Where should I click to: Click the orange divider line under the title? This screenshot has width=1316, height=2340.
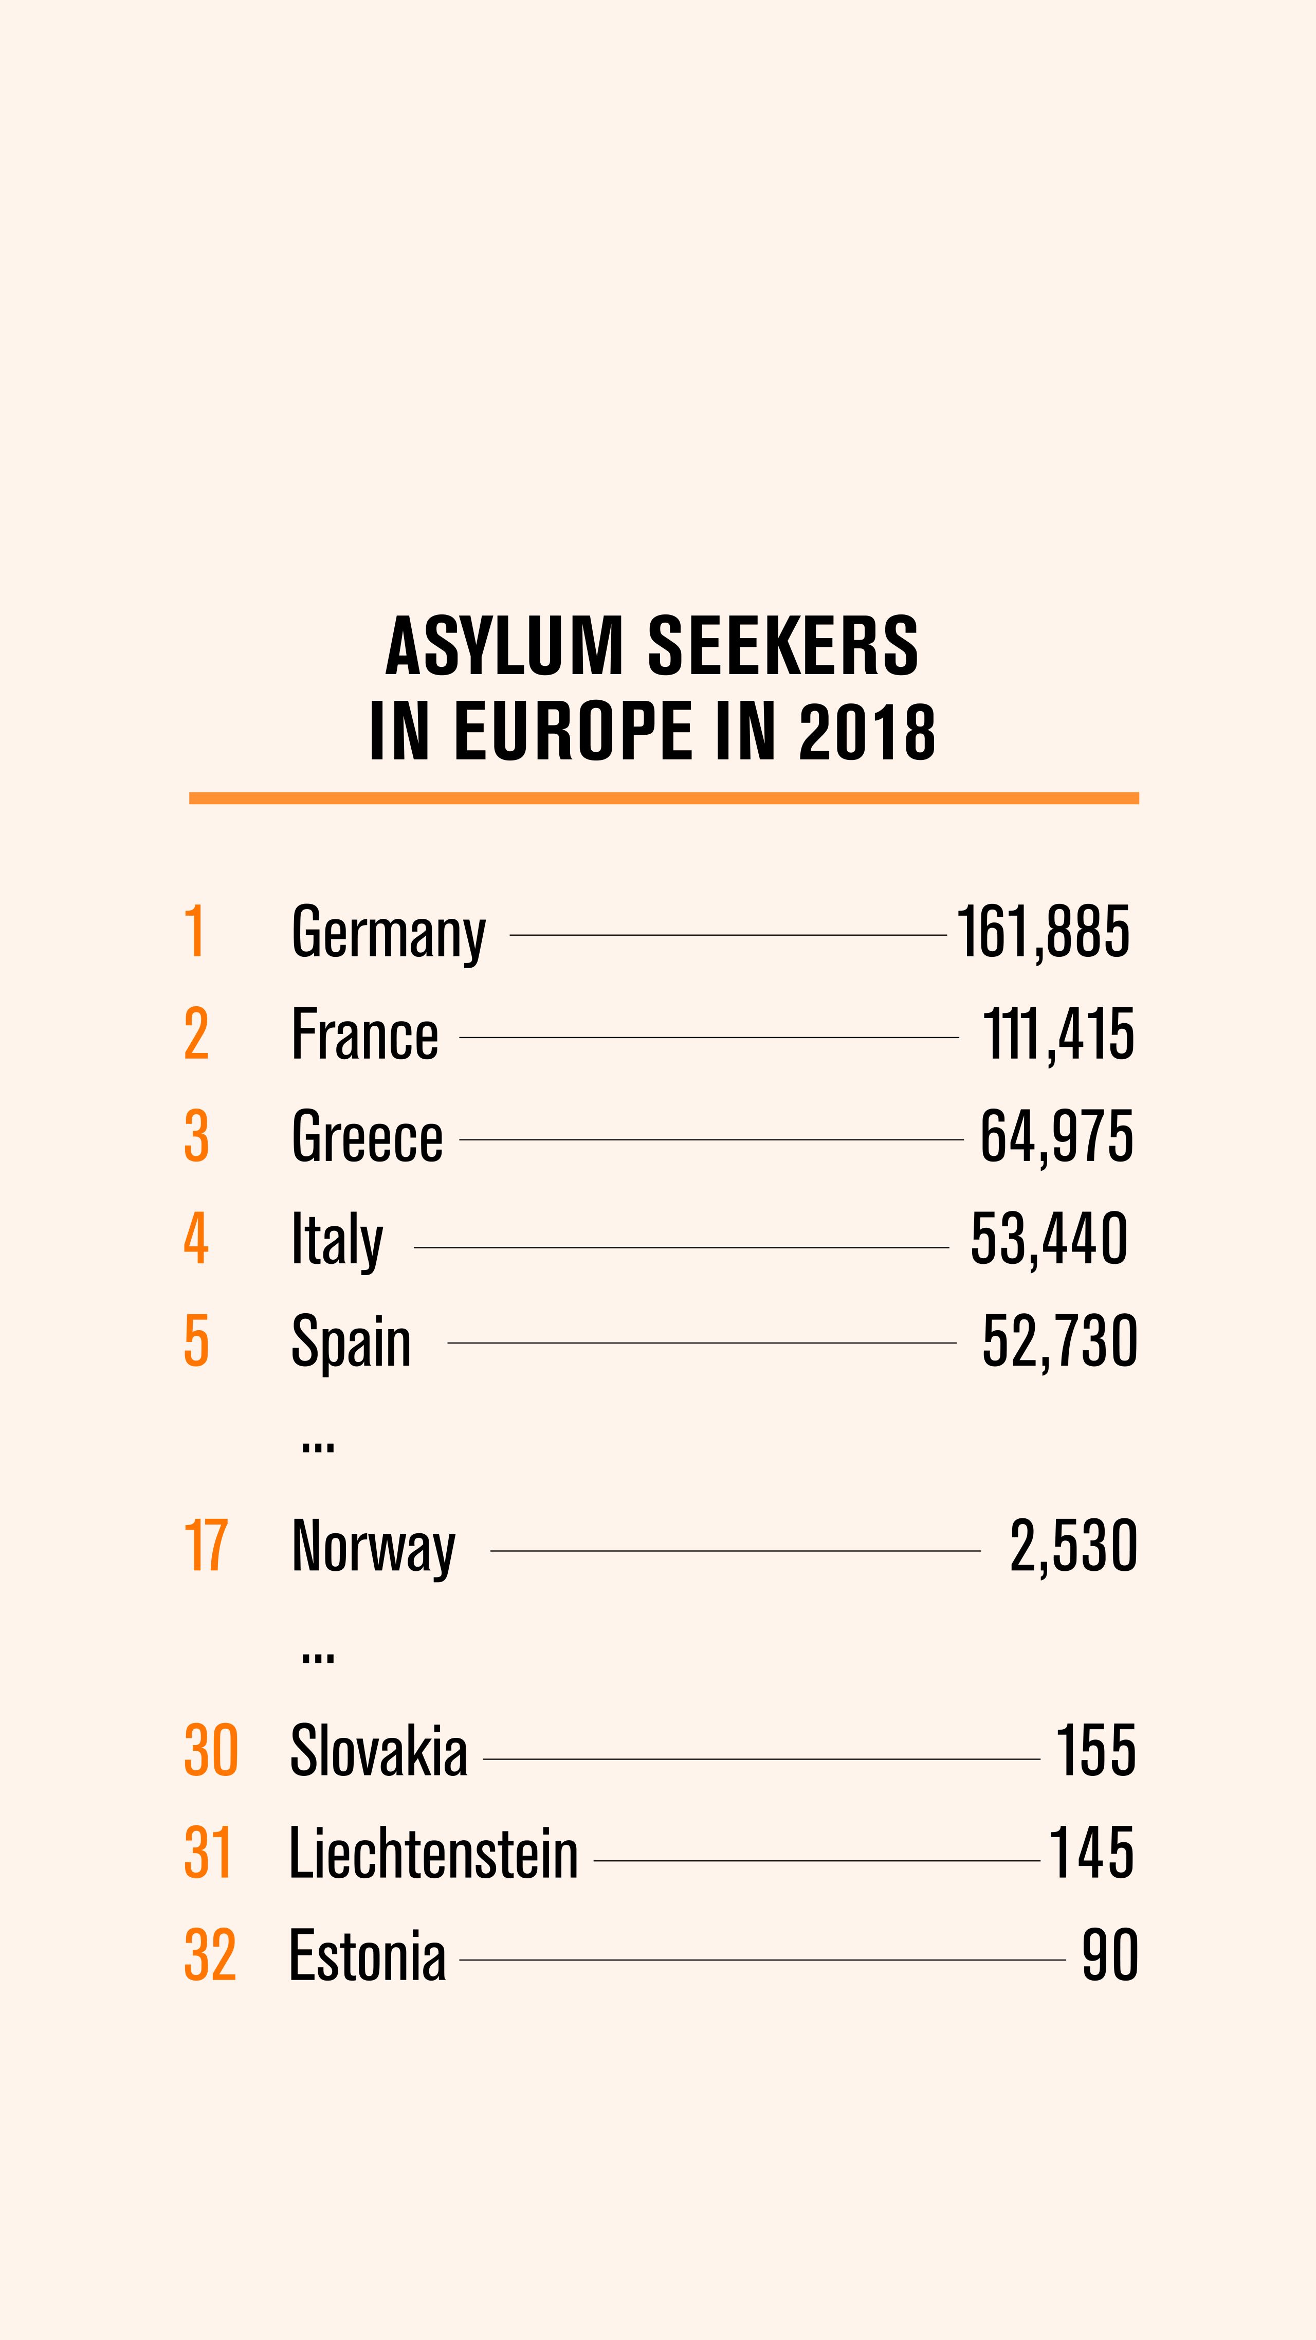[x=663, y=797]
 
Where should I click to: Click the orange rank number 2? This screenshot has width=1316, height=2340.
[x=196, y=1035]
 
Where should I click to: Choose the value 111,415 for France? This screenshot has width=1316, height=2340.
[x=1058, y=1035]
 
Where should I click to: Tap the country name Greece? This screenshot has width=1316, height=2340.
[x=367, y=1137]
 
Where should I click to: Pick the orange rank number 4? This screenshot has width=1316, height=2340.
[x=196, y=1239]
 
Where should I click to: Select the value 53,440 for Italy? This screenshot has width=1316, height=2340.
[x=1049, y=1239]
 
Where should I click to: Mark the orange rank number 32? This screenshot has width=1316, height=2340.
[x=210, y=1956]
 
